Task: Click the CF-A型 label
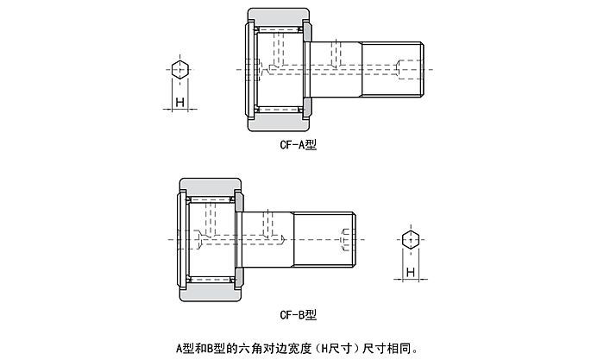(x=299, y=145)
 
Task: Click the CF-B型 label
(x=299, y=314)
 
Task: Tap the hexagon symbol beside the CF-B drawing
(x=412, y=239)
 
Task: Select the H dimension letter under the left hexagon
(x=179, y=104)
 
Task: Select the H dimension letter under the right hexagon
(x=412, y=273)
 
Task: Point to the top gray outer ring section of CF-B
(x=210, y=186)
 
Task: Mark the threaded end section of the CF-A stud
(x=393, y=67)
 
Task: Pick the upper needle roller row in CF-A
(x=278, y=31)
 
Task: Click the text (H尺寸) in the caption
(x=336, y=349)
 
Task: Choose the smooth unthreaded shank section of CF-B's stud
(x=267, y=237)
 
